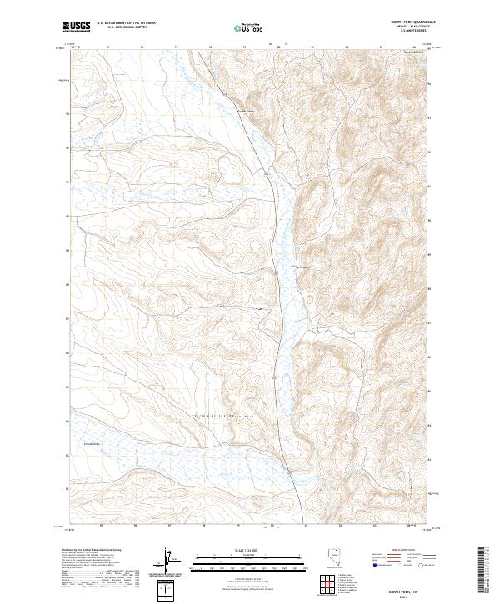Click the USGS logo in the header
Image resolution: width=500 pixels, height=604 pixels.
click(76, 27)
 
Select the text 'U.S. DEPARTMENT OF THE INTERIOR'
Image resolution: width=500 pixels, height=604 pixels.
click(126, 23)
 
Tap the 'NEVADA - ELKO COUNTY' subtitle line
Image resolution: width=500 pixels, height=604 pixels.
click(412, 27)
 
